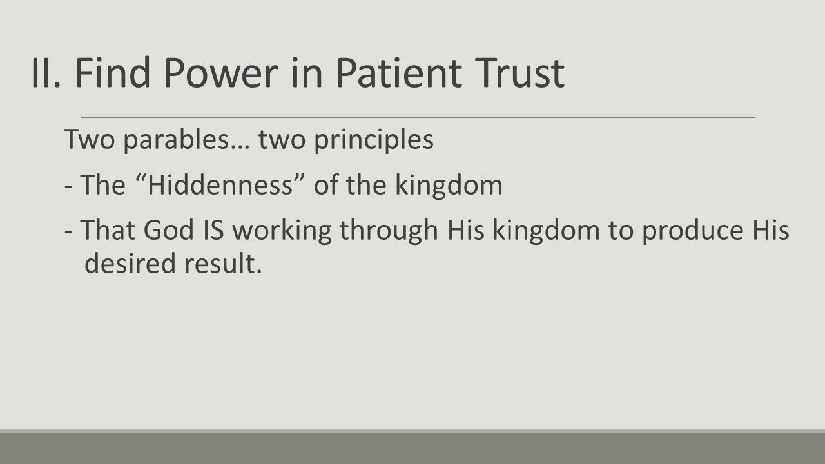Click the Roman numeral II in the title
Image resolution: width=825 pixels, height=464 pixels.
tap(45, 72)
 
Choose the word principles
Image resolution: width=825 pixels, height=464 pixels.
tap(373, 140)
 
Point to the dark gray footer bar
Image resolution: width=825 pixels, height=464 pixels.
tap(412, 448)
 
